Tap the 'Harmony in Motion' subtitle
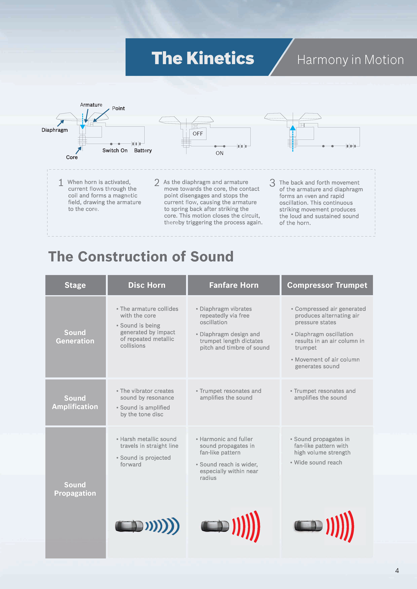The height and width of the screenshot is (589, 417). point(350,60)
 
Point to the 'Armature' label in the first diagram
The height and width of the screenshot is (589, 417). point(91,105)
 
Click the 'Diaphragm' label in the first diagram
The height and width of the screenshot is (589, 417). point(55,130)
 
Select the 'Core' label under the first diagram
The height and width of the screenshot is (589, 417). point(72,157)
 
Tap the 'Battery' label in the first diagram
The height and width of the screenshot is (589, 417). point(143,151)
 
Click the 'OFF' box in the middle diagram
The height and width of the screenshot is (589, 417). point(198,134)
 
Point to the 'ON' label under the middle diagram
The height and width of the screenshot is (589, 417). point(219,153)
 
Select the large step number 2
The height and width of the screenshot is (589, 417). point(157,183)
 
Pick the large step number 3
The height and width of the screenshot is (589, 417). point(272,183)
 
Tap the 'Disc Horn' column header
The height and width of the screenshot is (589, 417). point(147,285)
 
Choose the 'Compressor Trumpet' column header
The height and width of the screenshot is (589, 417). point(327,285)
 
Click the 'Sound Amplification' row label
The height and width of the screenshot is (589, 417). point(75,402)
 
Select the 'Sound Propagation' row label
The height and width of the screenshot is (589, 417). point(75,489)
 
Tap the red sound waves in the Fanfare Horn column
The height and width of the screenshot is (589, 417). point(246,526)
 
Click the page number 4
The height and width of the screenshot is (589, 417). point(397,571)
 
